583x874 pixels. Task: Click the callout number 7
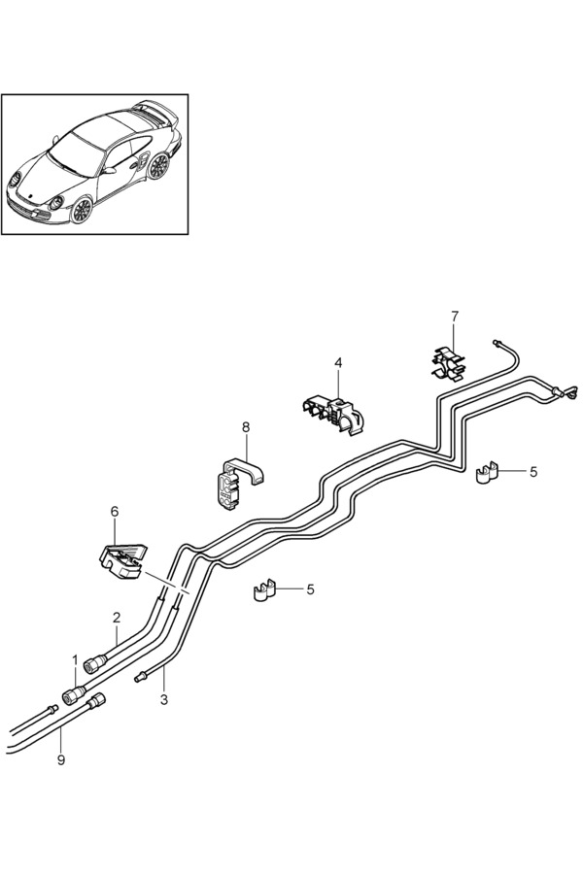click(x=454, y=316)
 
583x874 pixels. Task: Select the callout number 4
click(x=338, y=362)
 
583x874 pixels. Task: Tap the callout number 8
click(x=246, y=426)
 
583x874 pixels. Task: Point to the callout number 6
click(x=115, y=510)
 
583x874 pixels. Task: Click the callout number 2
click(x=117, y=617)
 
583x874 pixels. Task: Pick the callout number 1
click(x=75, y=660)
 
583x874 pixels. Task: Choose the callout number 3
click(x=163, y=698)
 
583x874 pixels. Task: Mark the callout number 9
click(x=60, y=759)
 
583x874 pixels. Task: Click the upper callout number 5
click(x=532, y=471)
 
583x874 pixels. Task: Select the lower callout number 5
click(x=310, y=588)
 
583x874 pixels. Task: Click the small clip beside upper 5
click(x=487, y=473)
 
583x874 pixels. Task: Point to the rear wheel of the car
click(x=157, y=166)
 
